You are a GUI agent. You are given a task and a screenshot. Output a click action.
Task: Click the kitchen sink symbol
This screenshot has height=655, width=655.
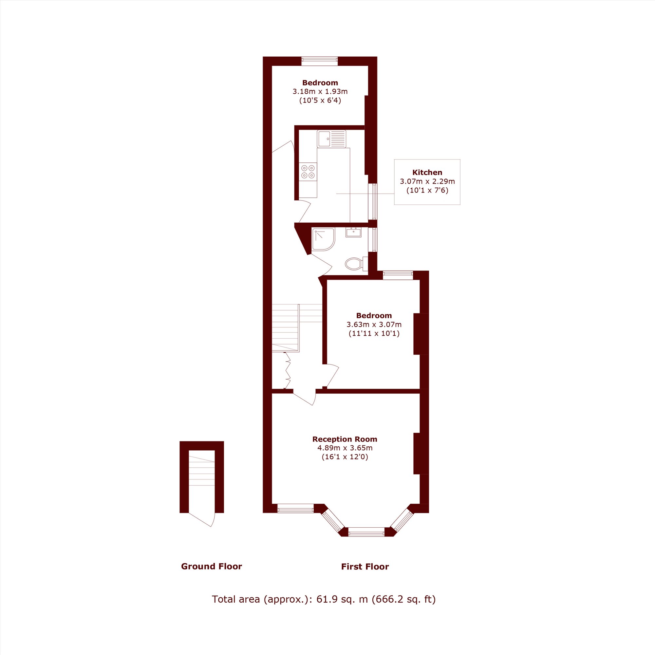coord(331,139)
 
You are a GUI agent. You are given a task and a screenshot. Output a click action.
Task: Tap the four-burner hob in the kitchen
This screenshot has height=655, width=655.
coord(308,172)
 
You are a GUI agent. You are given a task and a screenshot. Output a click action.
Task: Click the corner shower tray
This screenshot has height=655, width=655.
coord(323,239)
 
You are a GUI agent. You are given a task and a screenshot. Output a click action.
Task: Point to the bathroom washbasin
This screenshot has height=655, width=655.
coord(353,232)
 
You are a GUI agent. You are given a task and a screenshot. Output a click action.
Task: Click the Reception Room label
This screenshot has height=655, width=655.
coord(345,439)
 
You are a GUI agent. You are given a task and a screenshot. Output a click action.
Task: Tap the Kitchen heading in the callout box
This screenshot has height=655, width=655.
coord(427,172)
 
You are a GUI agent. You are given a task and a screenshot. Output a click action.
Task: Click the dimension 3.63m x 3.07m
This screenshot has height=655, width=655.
coord(374,325)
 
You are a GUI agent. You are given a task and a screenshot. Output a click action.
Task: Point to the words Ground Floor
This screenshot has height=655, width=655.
coord(212,566)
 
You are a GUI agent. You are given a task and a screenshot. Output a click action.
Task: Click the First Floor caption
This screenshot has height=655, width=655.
coord(365,567)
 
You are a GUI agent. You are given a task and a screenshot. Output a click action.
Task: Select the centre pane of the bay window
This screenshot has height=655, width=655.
coord(366,532)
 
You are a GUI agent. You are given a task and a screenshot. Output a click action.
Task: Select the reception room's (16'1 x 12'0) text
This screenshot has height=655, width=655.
coord(345,457)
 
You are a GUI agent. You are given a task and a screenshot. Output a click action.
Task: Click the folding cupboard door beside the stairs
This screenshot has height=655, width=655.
coord(287,370)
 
